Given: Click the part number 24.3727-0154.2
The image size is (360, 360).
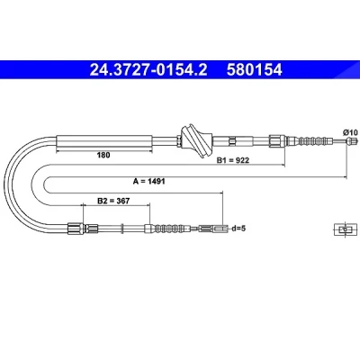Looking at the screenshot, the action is click(x=148, y=70).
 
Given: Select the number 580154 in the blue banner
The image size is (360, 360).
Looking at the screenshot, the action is click(x=255, y=70).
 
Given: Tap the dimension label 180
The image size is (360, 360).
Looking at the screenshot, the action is click(x=103, y=155).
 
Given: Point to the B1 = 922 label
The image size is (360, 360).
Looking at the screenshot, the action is click(x=233, y=160).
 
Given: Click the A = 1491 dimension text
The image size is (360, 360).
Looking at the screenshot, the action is click(x=149, y=181).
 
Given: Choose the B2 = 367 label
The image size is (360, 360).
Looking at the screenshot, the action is click(x=113, y=201).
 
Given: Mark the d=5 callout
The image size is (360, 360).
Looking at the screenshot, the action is click(x=238, y=229).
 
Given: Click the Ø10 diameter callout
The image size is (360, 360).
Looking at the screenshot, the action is click(x=350, y=132).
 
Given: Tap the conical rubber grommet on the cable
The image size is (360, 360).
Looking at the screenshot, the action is click(x=196, y=140).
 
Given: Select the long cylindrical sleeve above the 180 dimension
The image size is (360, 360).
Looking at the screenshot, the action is click(x=104, y=141).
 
